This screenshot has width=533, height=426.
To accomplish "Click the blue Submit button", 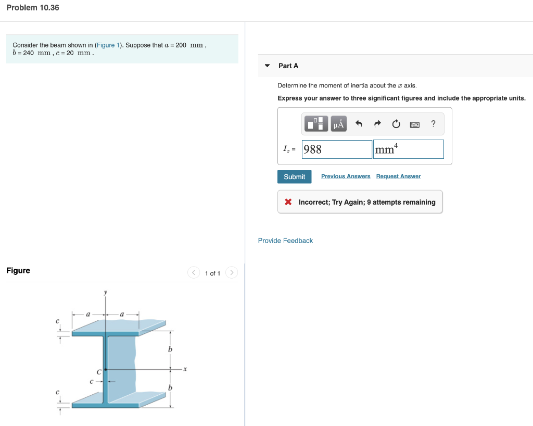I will click(x=294, y=177).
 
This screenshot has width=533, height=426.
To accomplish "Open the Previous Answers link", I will click(x=346, y=177).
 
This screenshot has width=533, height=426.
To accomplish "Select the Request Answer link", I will click(x=398, y=177).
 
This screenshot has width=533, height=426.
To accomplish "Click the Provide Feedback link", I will click(x=285, y=241).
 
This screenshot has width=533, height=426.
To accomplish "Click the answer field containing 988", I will click(x=337, y=149).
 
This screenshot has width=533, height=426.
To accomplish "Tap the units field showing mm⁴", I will click(x=408, y=149).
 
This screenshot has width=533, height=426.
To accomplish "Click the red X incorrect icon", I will click(x=288, y=202).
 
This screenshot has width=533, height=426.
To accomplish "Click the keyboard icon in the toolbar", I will click(x=415, y=124).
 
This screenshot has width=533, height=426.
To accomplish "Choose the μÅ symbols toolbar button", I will click(x=339, y=124).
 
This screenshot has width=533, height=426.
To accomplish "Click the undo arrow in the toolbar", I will click(x=359, y=124).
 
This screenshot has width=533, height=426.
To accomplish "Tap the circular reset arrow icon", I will click(x=396, y=124).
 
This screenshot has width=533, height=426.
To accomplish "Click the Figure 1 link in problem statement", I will click(x=106, y=45).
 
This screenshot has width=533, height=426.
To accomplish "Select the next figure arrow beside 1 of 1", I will click(x=232, y=273).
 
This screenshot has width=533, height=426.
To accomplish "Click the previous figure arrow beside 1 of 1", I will click(x=193, y=273).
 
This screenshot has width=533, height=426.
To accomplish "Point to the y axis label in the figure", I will click(x=106, y=293).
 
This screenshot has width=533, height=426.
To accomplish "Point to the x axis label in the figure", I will click(x=185, y=369).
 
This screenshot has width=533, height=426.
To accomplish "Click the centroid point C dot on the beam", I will click(x=106, y=370).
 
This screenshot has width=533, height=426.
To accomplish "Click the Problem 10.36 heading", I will click(x=33, y=8).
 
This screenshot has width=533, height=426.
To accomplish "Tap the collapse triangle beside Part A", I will click(x=267, y=66).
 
